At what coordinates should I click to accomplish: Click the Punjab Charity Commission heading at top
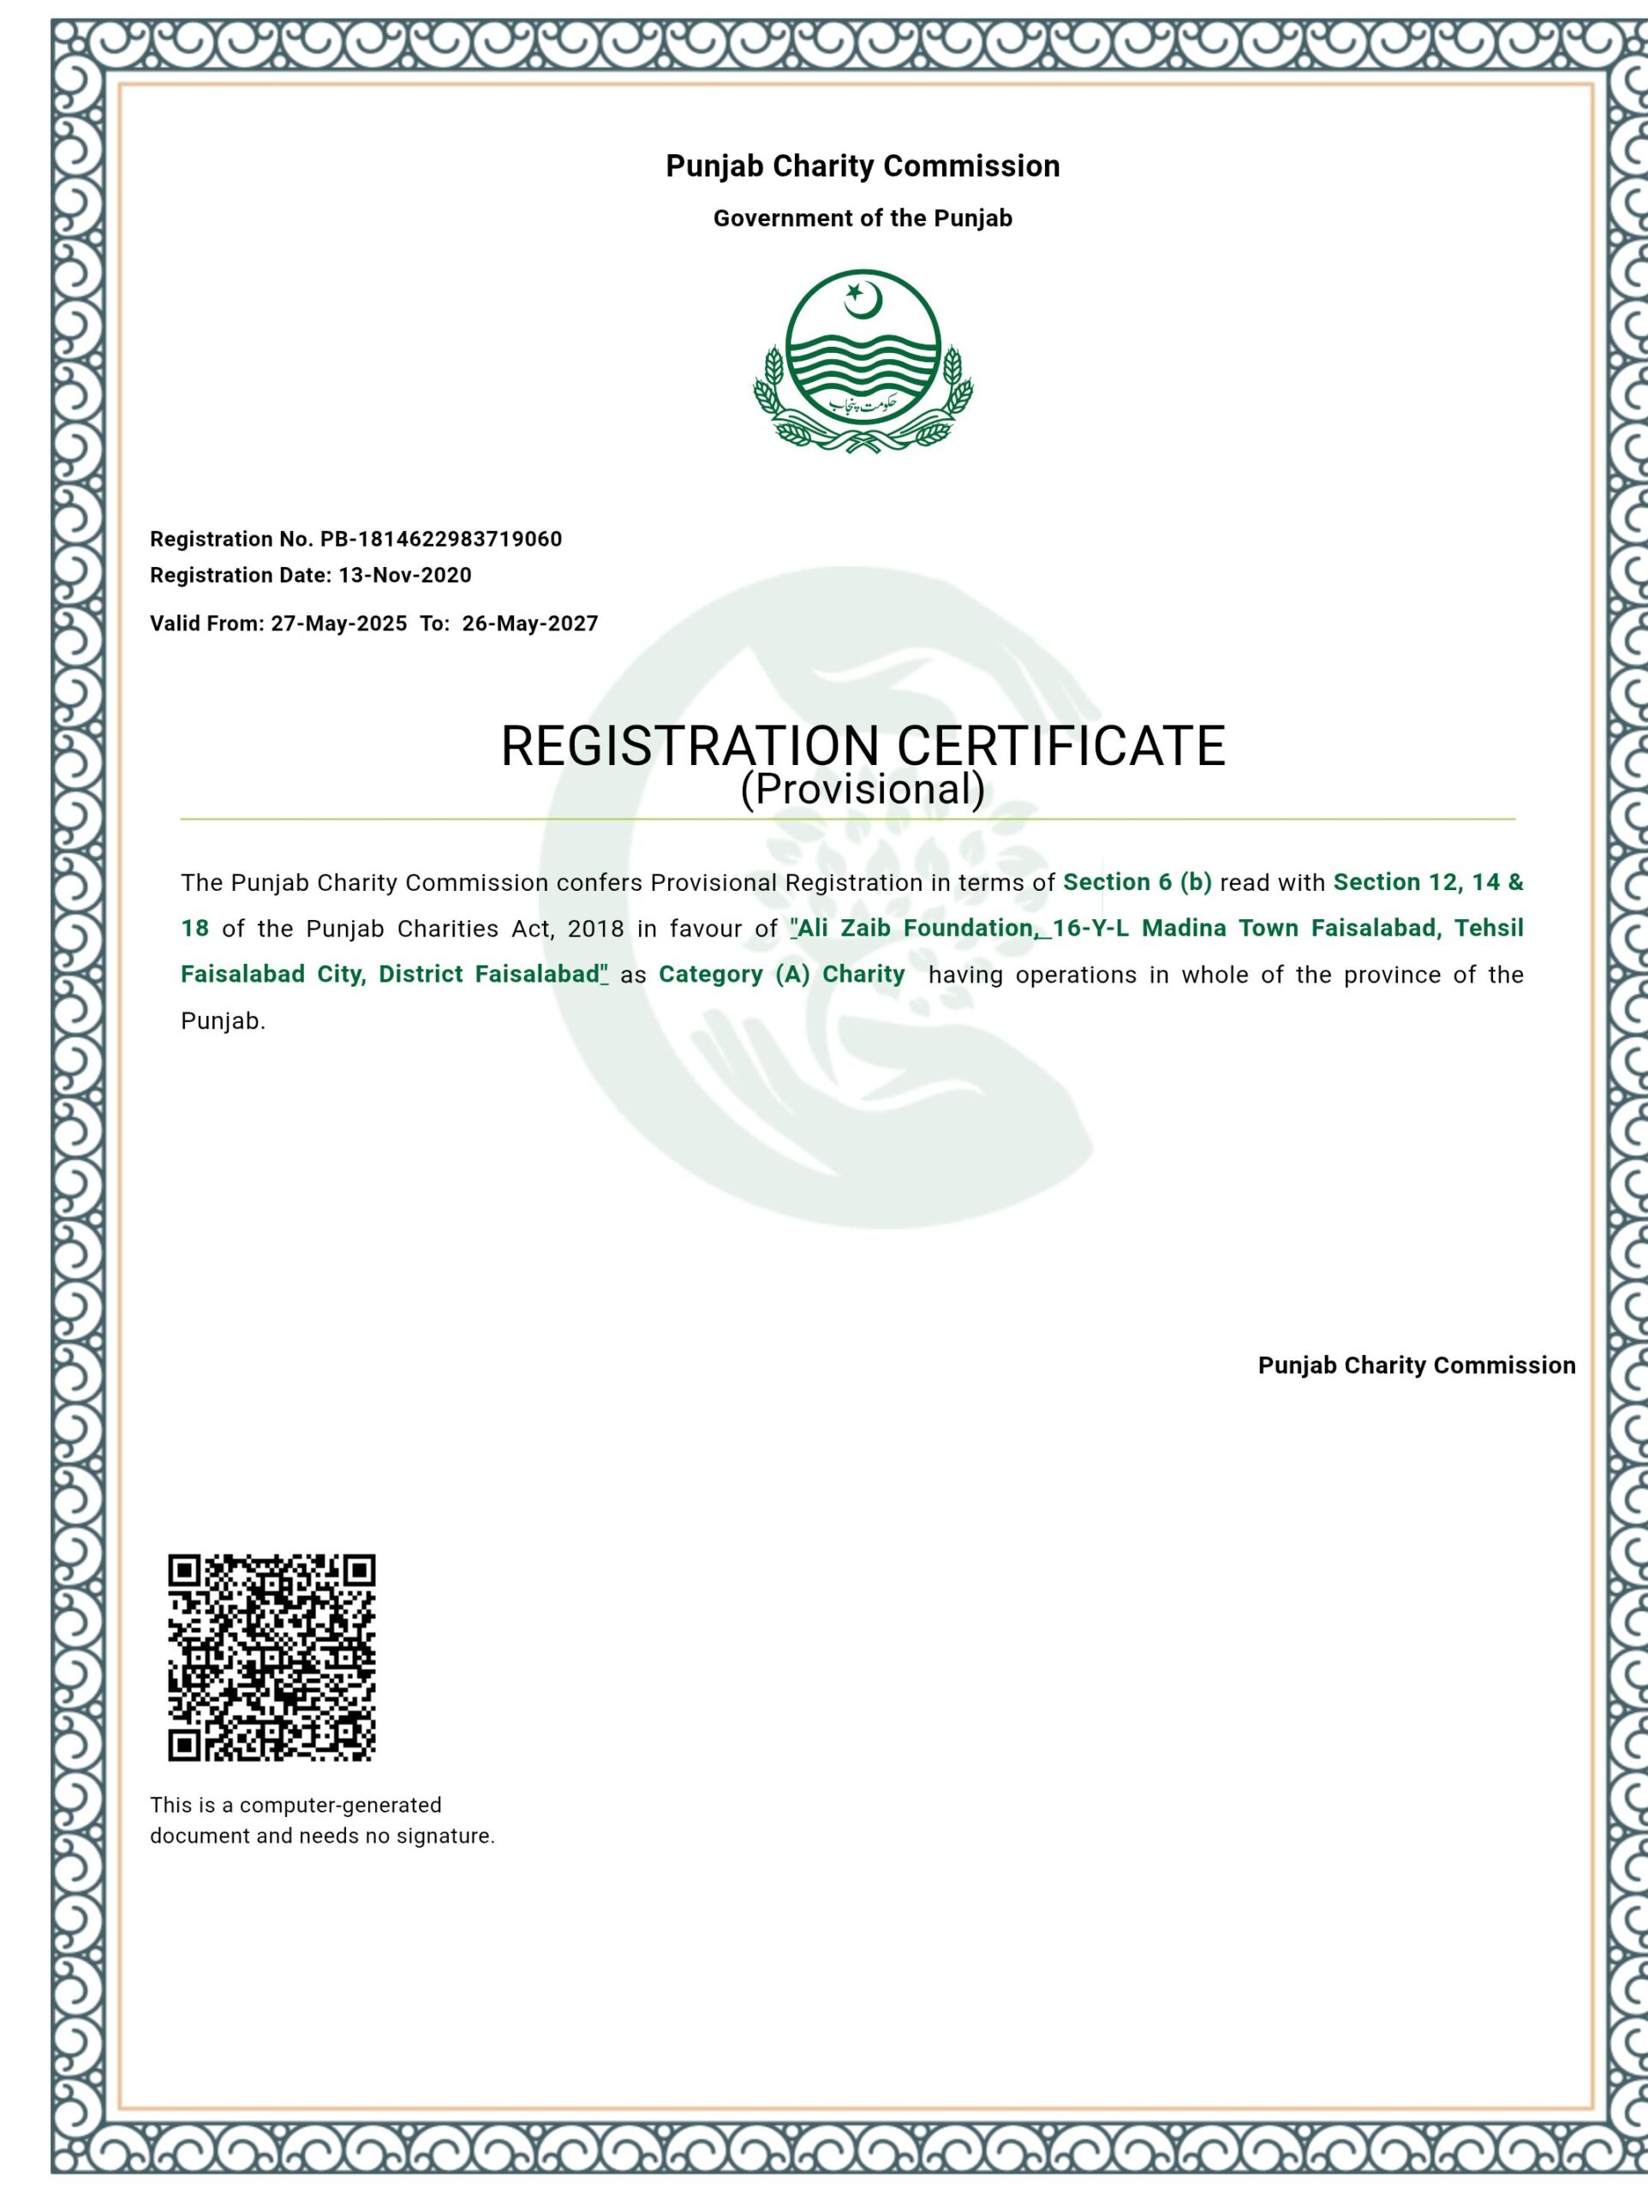(863, 165)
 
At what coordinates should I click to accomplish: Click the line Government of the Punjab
(863, 218)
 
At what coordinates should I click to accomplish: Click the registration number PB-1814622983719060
(440, 540)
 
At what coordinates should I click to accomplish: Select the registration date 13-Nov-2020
(404, 575)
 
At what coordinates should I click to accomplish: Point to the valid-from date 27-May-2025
(338, 624)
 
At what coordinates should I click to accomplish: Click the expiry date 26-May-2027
(529, 624)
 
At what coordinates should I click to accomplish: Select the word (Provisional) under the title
(863, 789)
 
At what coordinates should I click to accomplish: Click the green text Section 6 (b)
(1137, 882)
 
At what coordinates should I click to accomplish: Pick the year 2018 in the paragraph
(596, 929)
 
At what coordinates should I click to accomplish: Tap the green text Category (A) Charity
(781, 975)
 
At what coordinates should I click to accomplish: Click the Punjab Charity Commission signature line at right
(1416, 1365)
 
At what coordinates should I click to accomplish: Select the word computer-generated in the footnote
(340, 1805)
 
